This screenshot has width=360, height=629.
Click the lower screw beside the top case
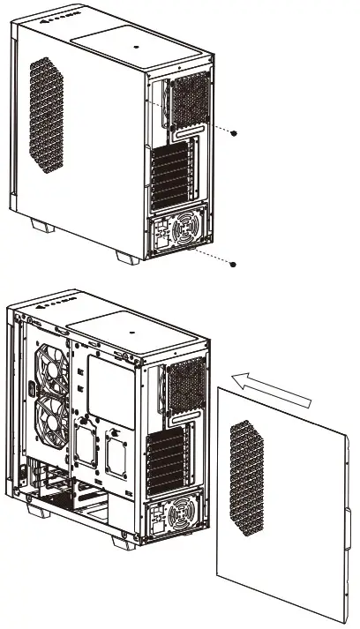coord(233,263)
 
